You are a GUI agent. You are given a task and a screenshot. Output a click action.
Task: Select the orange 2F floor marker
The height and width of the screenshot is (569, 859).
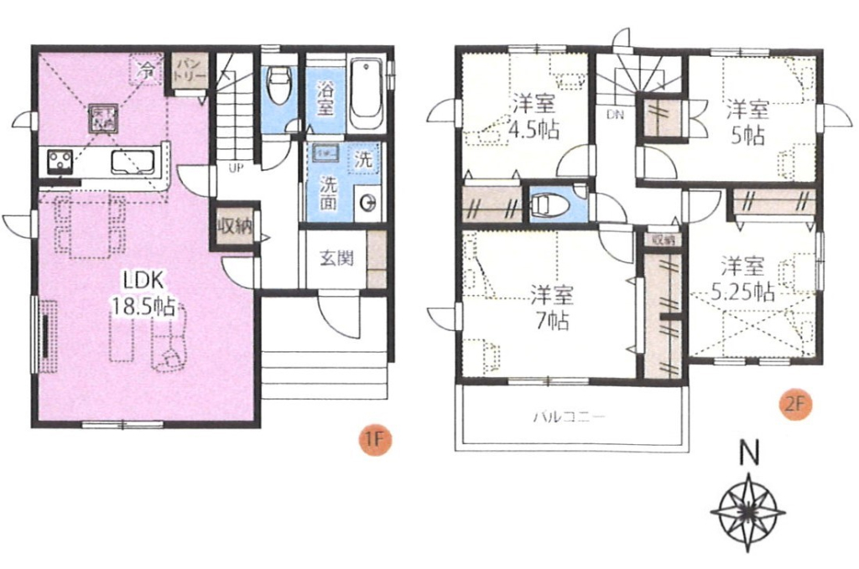pos(796,403)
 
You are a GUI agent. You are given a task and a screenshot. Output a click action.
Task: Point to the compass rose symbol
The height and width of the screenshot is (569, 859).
pos(747,510)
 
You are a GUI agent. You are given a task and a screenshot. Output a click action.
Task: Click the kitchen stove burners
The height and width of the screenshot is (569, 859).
pos(60,160)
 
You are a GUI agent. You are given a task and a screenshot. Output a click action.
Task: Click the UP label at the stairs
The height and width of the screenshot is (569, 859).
pos(237,168)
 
